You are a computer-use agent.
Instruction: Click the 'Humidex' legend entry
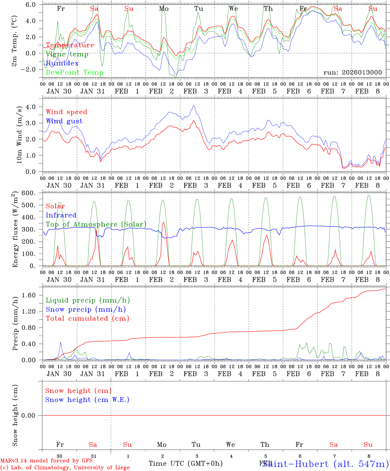click(62, 63)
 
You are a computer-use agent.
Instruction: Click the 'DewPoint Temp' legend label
click(74, 72)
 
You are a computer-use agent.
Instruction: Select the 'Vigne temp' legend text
click(67, 54)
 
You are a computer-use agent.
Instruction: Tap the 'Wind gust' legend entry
click(64, 121)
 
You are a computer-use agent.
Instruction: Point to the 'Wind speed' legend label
click(67, 112)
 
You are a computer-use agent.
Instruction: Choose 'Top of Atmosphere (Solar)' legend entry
click(96, 224)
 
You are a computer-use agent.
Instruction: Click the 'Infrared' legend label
click(61, 215)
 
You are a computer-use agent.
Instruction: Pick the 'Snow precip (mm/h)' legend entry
click(86, 309)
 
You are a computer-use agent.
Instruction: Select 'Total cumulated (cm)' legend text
click(88, 318)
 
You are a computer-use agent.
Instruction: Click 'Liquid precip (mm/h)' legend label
click(88, 300)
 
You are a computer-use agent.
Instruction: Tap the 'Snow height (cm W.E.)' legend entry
click(87, 400)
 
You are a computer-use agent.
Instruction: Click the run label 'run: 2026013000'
click(353, 72)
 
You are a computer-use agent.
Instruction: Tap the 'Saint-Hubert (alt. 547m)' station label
click(325, 464)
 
